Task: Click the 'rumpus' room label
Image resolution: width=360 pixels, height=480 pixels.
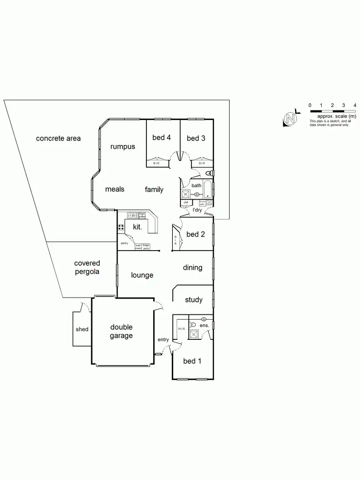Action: tap(122, 147)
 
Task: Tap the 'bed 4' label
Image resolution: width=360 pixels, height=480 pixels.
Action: tap(162, 138)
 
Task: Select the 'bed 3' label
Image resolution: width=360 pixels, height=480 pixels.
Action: tap(196, 138)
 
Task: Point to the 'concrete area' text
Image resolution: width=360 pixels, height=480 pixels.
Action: tap(59, 139)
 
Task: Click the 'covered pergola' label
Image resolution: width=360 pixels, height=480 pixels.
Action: tap(87, 267)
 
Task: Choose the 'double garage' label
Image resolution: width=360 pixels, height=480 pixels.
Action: tap(121, 332)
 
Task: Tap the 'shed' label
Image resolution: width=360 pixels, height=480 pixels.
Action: tap(82, 330)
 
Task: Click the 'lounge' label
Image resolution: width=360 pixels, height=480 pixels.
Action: tap(142, 275)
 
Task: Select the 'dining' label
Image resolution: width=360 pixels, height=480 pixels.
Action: tap(192, 267)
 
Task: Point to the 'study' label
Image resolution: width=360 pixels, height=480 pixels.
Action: tap(194, 300)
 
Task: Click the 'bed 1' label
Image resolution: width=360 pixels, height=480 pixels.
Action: tap(192, 361)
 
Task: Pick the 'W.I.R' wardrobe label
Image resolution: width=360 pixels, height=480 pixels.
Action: tap(181, 329)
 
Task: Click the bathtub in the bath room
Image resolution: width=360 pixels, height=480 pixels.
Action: tap(207, 190)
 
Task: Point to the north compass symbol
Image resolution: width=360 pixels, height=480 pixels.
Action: tap(289, 119)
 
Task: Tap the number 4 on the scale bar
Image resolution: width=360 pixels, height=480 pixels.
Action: tap(355, 105)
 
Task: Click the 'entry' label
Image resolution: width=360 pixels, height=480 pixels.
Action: tap(163, 340)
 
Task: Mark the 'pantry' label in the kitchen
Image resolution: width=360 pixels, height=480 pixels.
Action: tap(124, 243)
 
